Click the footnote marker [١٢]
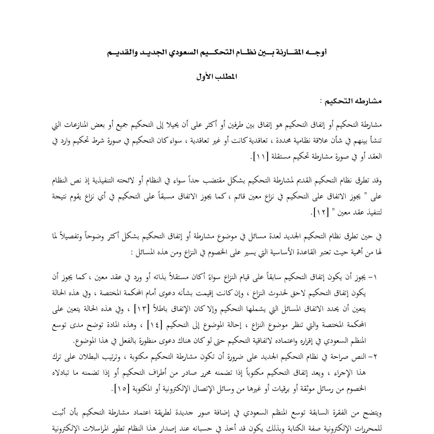click(319, 213)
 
